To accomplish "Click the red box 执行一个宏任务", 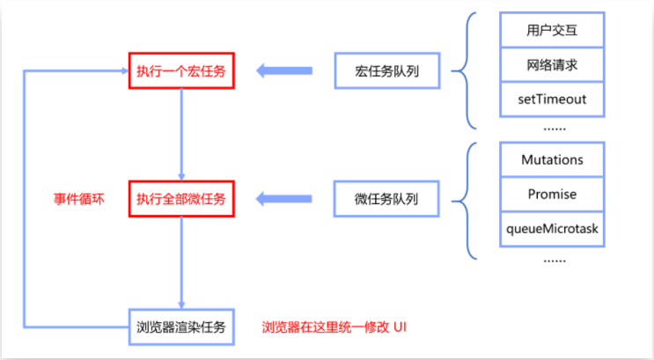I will [x=180, y=71].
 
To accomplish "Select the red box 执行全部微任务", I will [x=180, y=200].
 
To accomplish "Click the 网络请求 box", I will [x=552, y=66].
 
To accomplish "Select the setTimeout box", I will [x=552, y=99].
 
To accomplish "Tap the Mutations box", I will [x=552, y=161].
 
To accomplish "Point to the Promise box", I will [x=552, y=194].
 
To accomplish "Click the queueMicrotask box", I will [x=552, y=227].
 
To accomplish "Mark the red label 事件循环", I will [x=79, y=199].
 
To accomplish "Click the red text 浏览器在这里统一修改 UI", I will [x=334, y=327].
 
